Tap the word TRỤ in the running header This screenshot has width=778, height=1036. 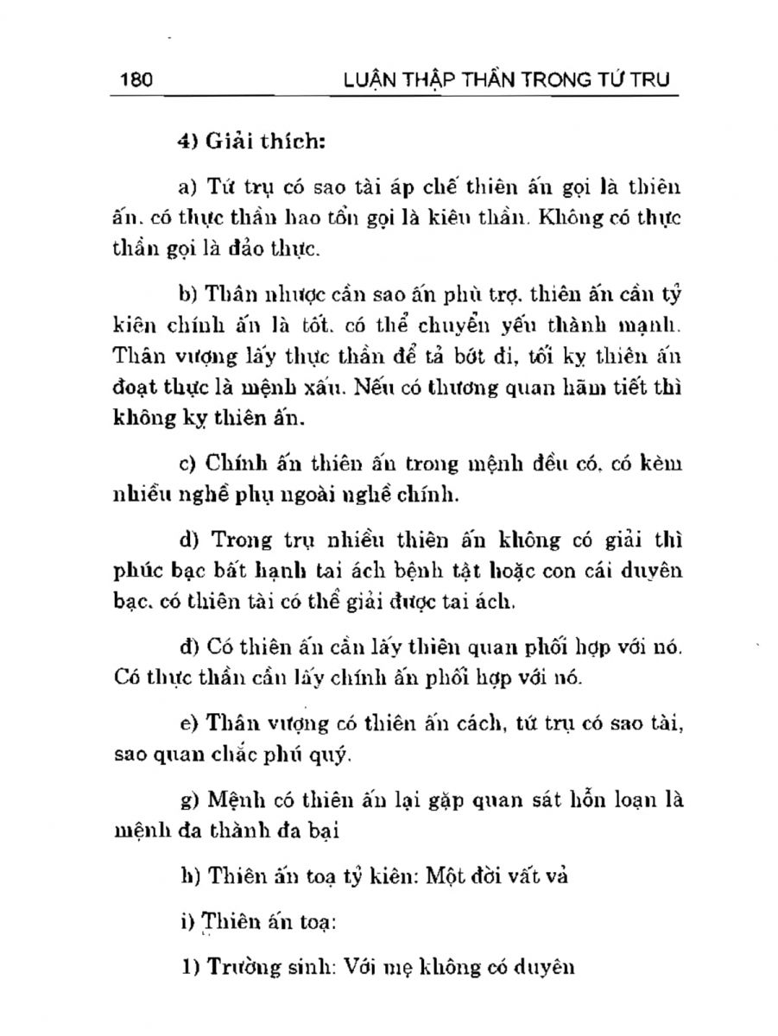655,81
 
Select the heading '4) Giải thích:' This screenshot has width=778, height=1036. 250,142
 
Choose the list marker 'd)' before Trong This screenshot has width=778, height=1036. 188,541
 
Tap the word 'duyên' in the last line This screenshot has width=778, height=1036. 544,967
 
